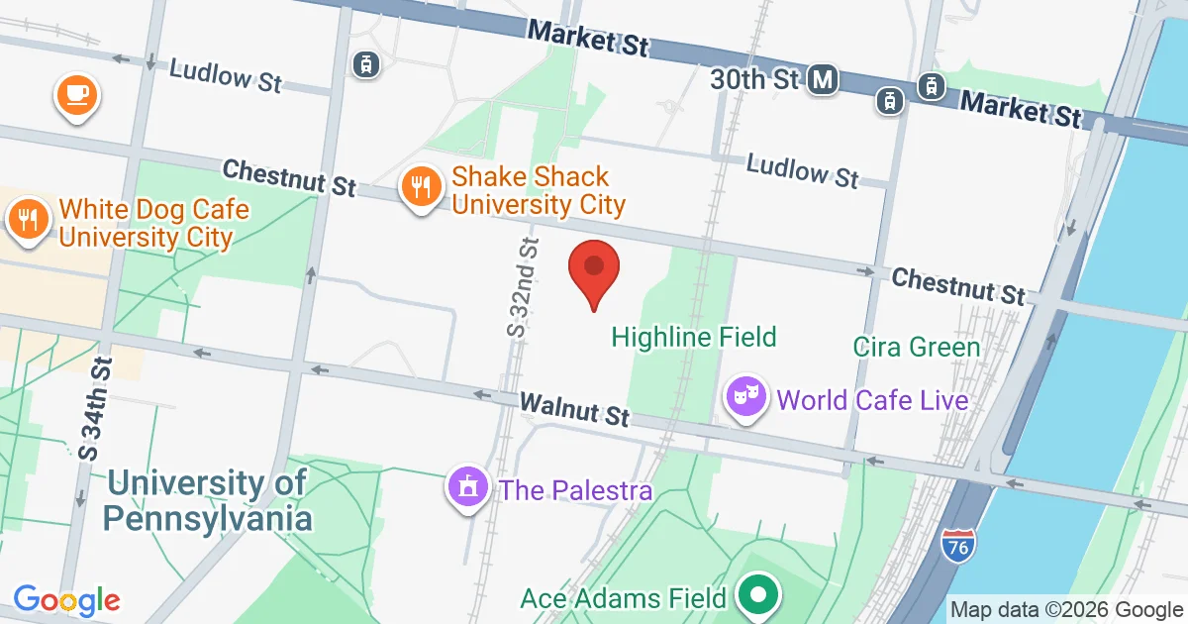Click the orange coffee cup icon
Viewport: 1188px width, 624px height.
pyautogui.click(x=77, y=94)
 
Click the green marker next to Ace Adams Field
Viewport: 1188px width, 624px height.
pyautogui.click(x=759, y=594)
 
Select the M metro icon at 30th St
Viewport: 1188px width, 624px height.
pyautogui.click(x=822, y=80)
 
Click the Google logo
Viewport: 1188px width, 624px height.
pyautogui.click(x=66, y=599)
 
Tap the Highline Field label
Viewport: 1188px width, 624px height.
pyautogui.click(x=693, y=337)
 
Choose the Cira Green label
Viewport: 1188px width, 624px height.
pyautogui.click(x=916, y=348)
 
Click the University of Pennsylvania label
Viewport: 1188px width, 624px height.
pyautogui.click(x=208, y=501)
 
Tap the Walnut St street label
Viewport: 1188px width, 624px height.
pyautogui.click(x=575, y=408)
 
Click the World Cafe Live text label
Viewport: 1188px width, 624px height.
pyautogui.click(x=872, y=400)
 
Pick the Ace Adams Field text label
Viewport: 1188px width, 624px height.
pyautogui.click(x=624, y=598)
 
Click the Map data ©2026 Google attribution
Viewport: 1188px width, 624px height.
pyautogui.click(x=1066, y=609)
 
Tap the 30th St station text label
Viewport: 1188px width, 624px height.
pyautogui.click(x=753, y=79)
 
